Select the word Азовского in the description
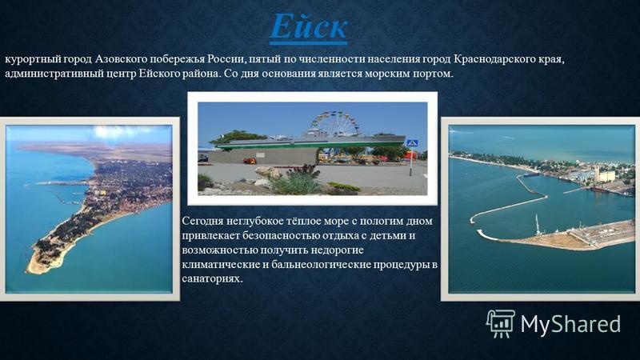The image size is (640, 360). [121, 59]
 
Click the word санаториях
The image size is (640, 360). [212, 279]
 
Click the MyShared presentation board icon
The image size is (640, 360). [501, 323]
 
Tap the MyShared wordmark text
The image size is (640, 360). [570, 324]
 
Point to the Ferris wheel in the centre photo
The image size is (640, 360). [334, 124]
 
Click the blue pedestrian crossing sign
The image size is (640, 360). [411, 143]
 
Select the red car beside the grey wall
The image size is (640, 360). [250, 161]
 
